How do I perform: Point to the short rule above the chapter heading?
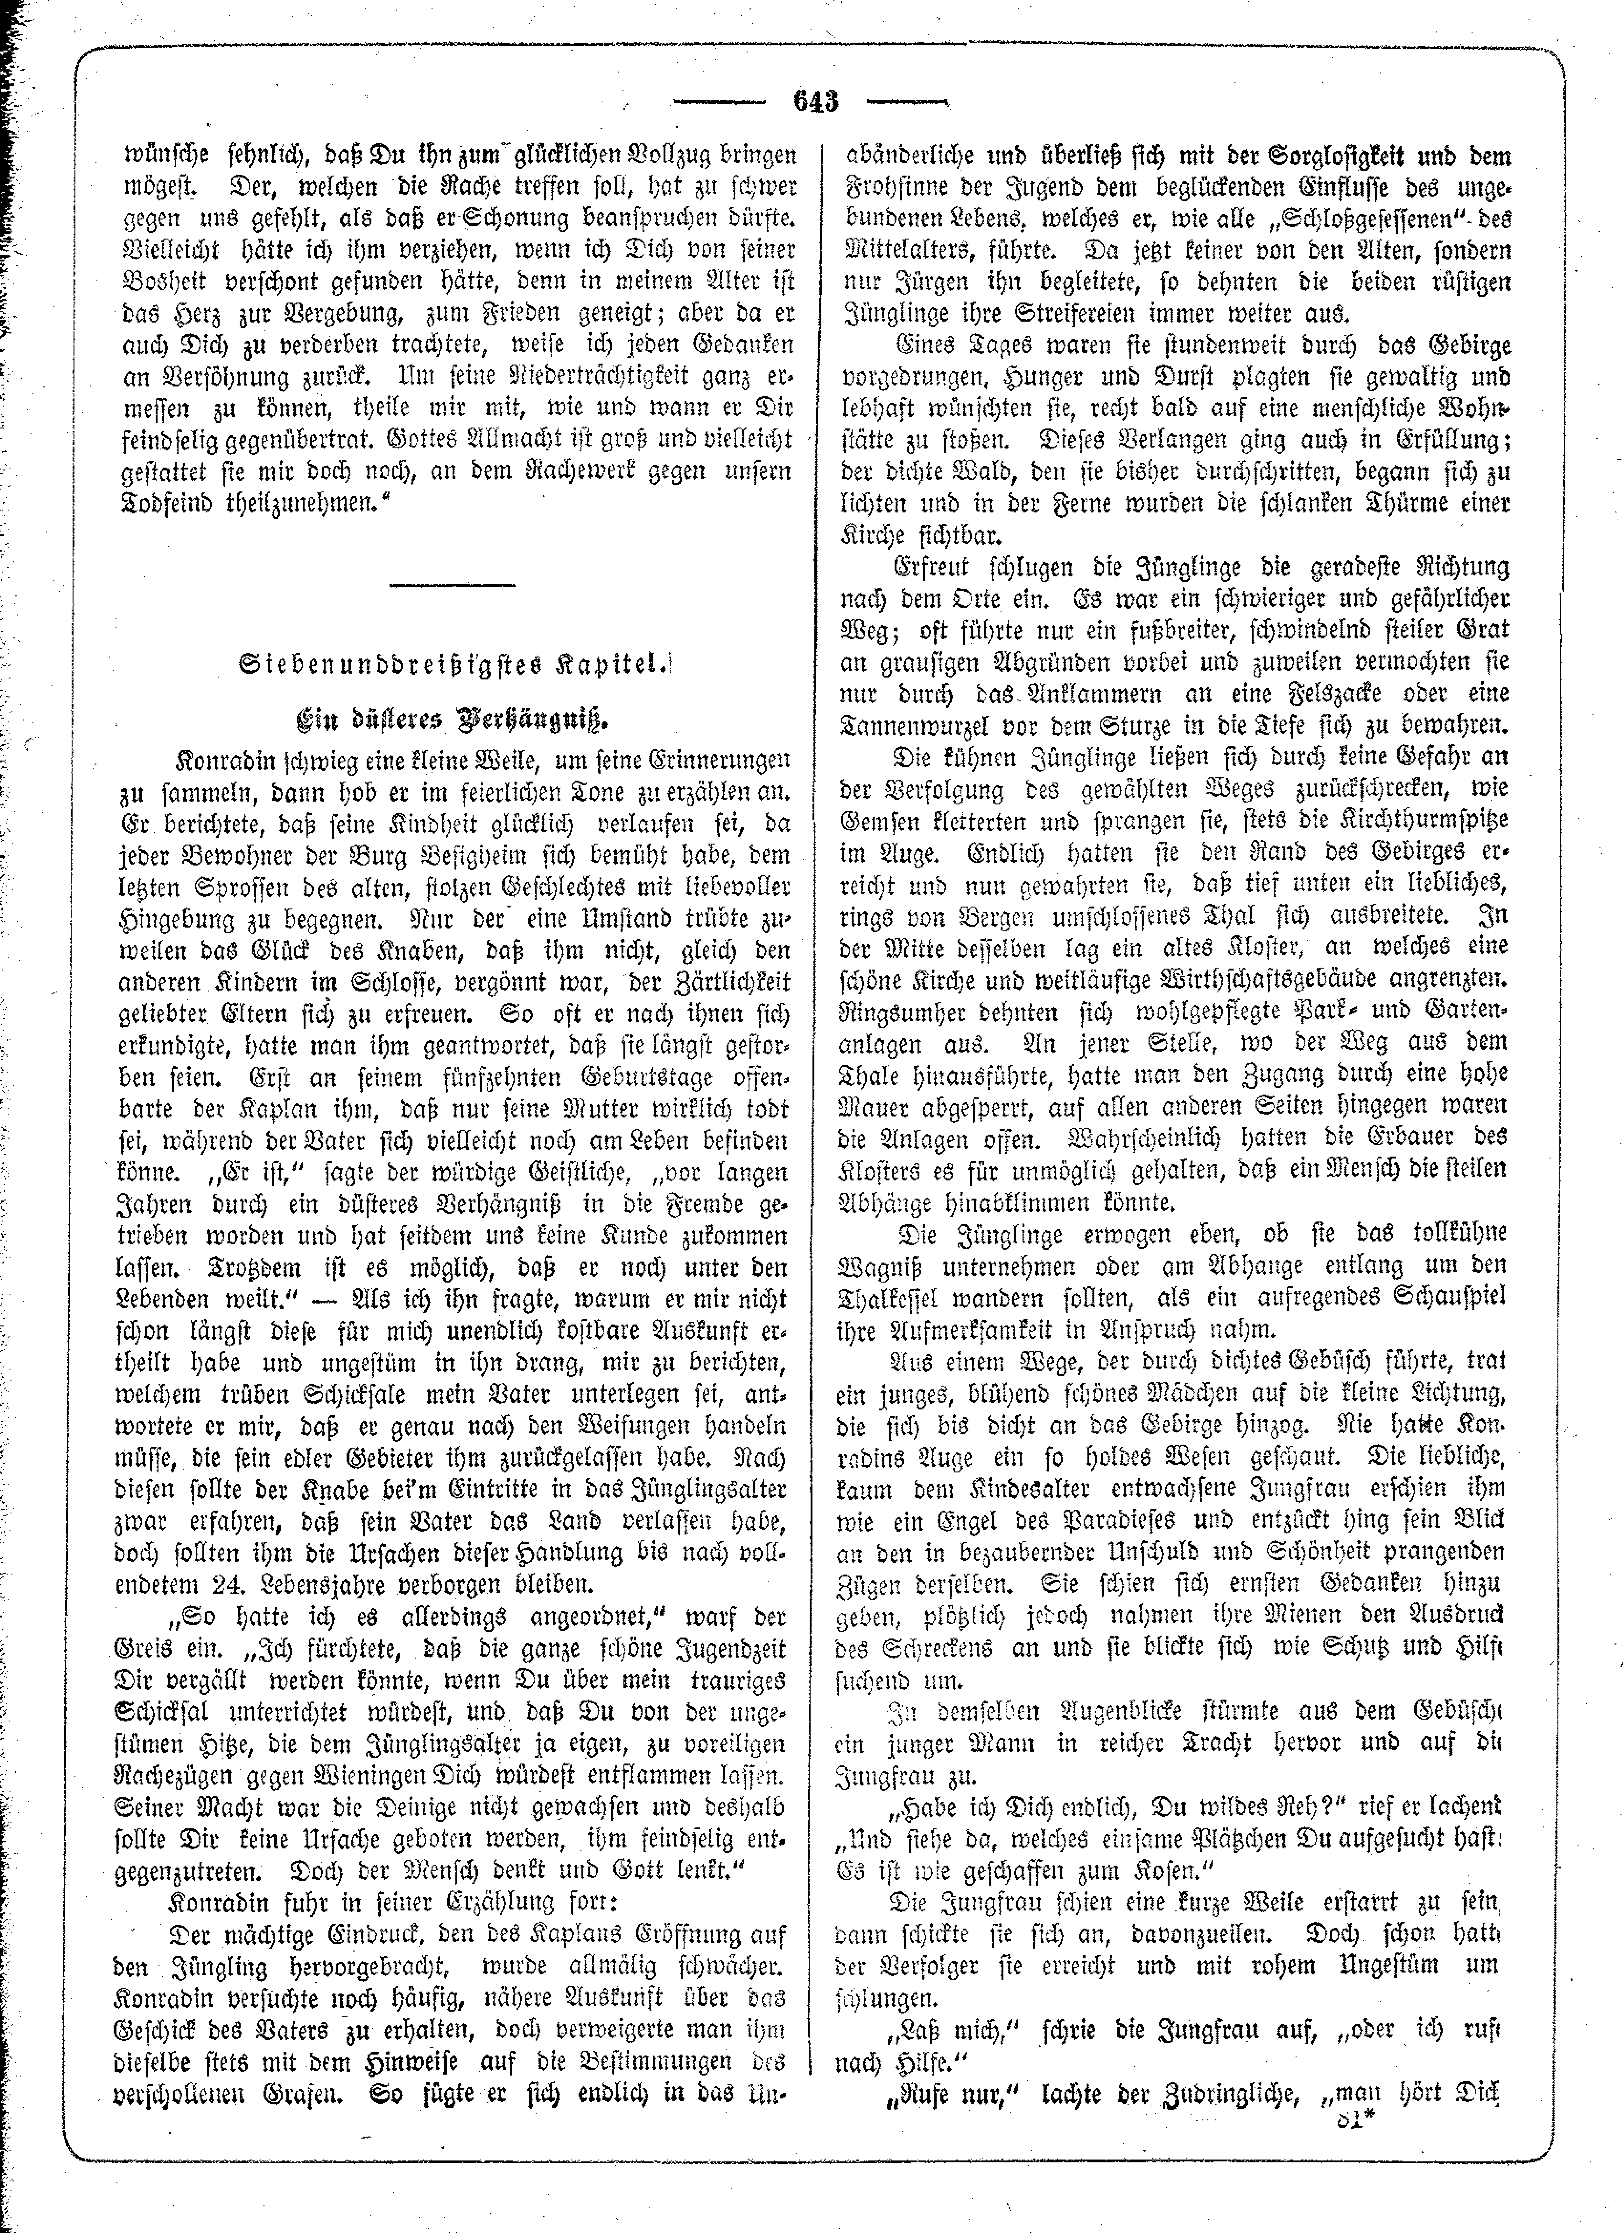pyautogui.click(x=452, y=586)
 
